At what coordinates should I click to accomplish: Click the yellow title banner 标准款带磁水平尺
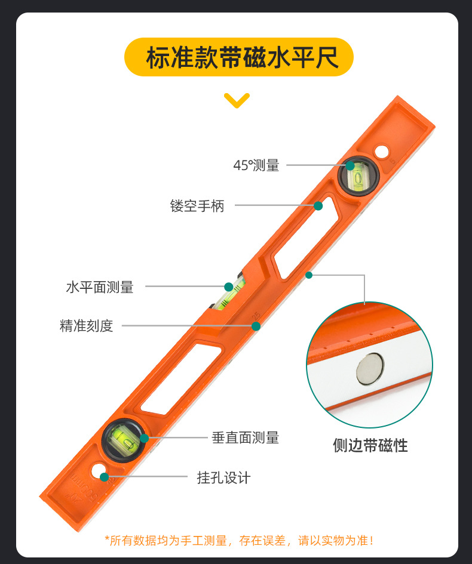pyautogui.click(x=239, y=57)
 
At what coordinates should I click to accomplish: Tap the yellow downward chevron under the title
pyautogui.click(x=237, y=100)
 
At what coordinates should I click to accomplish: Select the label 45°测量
pyautogui.click(x=256, y=165)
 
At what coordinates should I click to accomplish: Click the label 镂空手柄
pyautogui.click(x=197, y=206)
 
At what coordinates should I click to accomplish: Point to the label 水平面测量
pyautogui.click(x=100, y=288)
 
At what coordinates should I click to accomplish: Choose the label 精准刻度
pyautogui.click(x=87, y=326)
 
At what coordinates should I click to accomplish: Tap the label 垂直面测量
pyautogui.click(x=246, y=437)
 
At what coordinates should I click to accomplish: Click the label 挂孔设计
pyautogui.click(x=223, y=477)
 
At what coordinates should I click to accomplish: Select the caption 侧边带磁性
pyautogui.click(x=370, y=445)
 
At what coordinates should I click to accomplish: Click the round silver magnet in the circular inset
pyautogui.click(x=370, y=369)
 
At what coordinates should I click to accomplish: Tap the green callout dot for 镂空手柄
pyautogui.click(x=318, y=206)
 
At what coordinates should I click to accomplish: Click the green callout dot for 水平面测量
pyautogui.click(x=229, y=286)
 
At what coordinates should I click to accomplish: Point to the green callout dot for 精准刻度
pyautogui.click(x=256, y=326)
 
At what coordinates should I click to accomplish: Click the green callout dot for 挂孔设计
pyautogui.click(x=105, y=477)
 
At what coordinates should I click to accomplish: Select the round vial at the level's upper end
pyautogui.click(x=358, y=176)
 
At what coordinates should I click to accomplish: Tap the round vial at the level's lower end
pyautogui.click(x=123, y=440)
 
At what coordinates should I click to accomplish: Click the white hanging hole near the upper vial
pyautogui.click(x=382, y=151)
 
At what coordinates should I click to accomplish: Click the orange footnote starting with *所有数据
pyautogui.click(x=240, y=540)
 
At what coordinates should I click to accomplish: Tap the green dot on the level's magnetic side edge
pyautogui.click(x=308, y=275)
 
